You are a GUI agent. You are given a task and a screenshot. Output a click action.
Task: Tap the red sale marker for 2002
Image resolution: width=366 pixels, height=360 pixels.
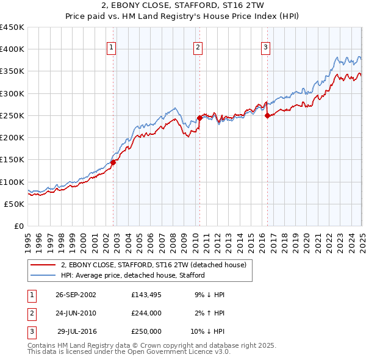(113, 162)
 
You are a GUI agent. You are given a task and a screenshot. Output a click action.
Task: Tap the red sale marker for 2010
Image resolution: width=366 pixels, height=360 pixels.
(199, 118)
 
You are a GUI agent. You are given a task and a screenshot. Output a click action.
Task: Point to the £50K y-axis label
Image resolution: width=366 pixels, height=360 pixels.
(15, 204)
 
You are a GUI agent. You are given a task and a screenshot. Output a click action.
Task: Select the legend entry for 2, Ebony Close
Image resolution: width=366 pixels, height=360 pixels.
(153, 265)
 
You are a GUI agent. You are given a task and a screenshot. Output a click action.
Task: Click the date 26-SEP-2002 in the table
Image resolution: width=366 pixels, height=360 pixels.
(76, 295)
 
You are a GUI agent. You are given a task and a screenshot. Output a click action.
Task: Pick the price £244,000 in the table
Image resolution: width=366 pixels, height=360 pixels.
(146, 313)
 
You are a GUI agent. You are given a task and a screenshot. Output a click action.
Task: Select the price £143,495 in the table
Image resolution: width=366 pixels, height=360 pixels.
(146, 295)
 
